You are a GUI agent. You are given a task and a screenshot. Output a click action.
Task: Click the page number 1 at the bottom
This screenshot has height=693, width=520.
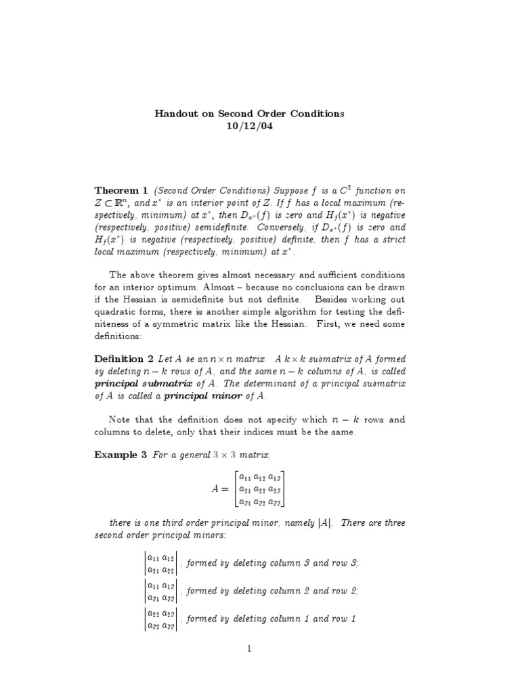click(249, 649)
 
